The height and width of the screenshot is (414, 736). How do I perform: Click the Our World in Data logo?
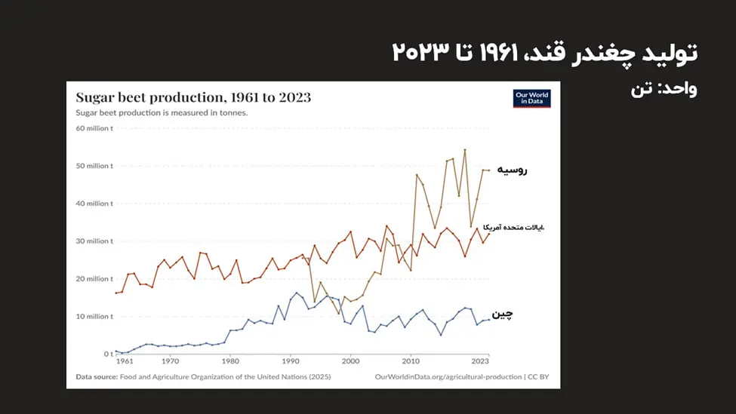531,98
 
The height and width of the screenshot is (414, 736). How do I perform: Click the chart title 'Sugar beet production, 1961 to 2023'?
193,97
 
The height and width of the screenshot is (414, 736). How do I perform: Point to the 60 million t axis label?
95,128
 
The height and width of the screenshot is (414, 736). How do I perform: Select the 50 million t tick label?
95,166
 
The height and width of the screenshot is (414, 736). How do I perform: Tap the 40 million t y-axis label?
95,204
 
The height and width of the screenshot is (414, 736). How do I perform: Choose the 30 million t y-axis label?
95,241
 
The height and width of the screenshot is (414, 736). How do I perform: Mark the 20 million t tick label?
95,279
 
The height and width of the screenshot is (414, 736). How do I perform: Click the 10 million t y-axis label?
95,317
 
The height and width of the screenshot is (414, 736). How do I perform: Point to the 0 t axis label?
108,354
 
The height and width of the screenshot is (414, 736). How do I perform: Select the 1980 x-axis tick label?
230,362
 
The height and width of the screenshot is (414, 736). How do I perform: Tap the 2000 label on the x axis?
350,362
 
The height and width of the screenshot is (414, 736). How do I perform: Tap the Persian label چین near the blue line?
503,314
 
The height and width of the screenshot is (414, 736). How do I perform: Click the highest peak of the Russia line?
465,149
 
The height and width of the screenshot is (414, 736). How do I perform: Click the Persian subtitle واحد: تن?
664,89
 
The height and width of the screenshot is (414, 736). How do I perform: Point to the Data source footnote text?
203,376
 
